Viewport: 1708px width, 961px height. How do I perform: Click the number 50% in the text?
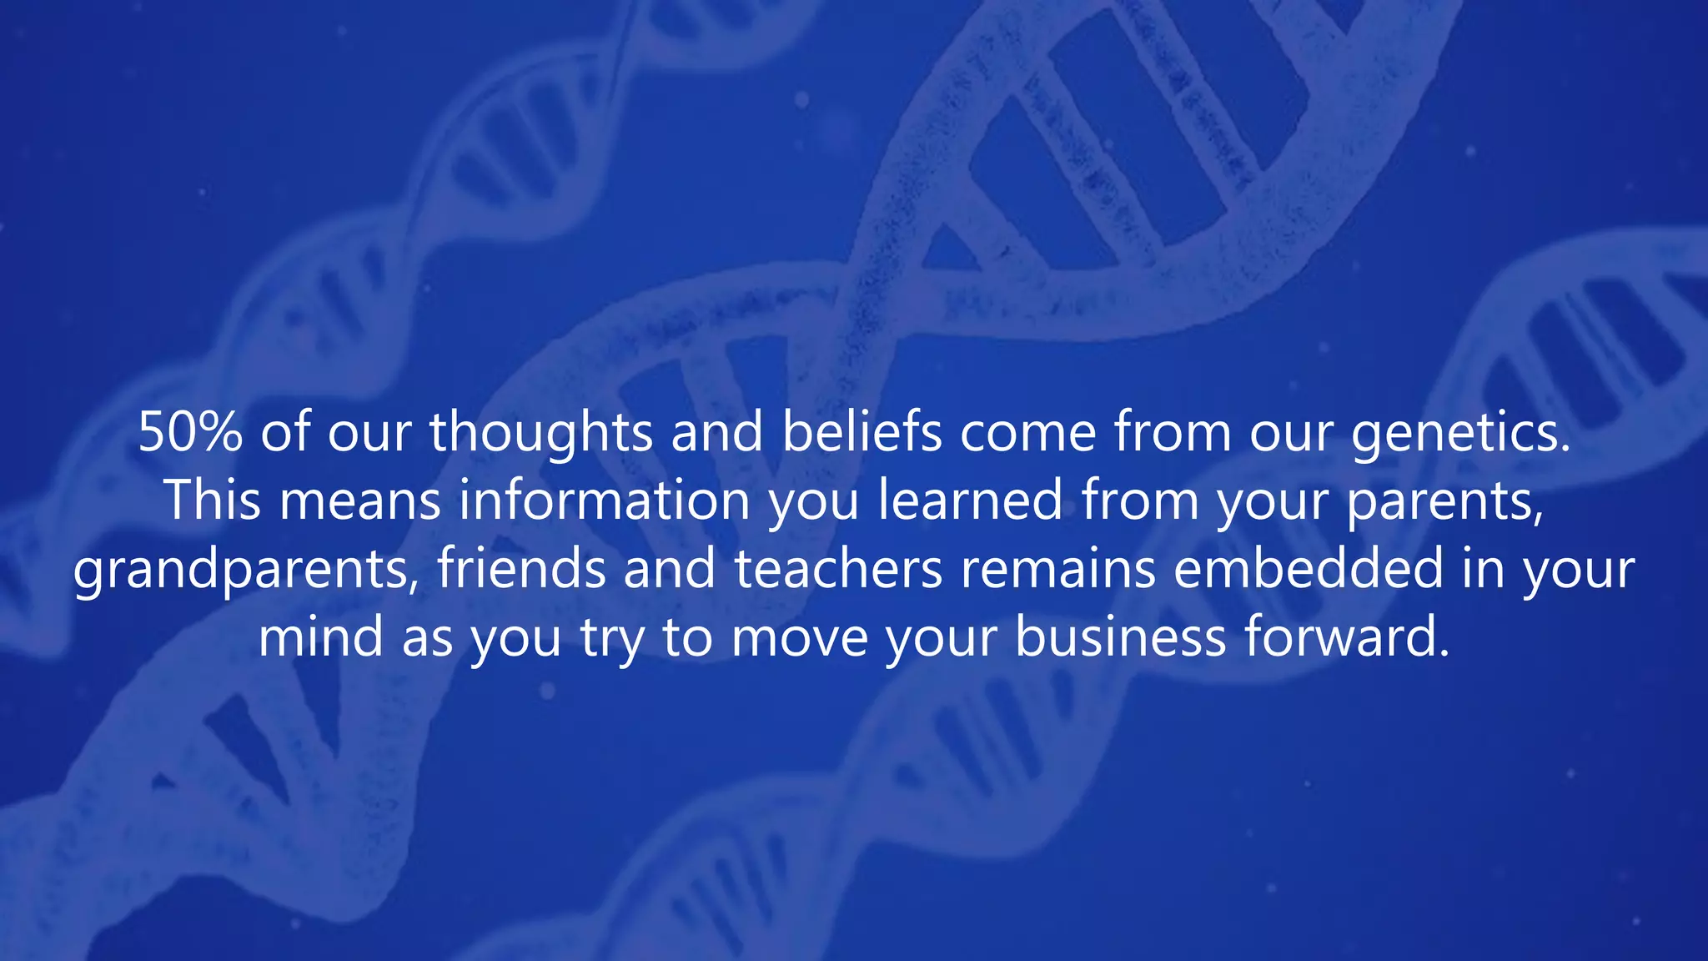click(190, 432)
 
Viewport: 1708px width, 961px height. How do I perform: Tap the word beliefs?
click(861, 432)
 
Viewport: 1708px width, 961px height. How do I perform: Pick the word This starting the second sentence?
click(212, 501)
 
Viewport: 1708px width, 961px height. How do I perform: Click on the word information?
click(605, 501)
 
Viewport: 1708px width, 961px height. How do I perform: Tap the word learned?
click(970, 501)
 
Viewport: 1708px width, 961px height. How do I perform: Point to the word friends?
click(521, 569)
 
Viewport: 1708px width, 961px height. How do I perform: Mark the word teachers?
click(837, 569)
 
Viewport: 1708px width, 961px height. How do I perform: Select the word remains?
click(1057, 569)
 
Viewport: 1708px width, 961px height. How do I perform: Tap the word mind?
click(320, 637)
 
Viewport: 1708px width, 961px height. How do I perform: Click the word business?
click(1120, 637)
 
